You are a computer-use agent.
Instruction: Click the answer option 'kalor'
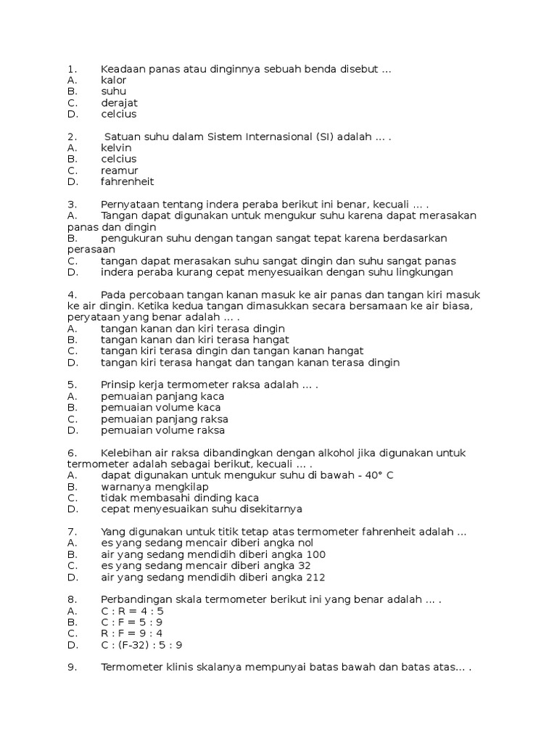pyautogui.click(x=114, y=80)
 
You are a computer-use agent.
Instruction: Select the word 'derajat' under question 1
pyautogui.click(x=119, y=102)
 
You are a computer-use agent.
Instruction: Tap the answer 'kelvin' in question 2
pyautogui.click(x=116, y=147)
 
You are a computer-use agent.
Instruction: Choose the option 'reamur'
pyautogui.click(x=119, y=171)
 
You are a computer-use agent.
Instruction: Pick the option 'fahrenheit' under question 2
pyautogui.click(x=127, y=181)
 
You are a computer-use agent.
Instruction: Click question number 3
pyautogui.click(x=72, y=204)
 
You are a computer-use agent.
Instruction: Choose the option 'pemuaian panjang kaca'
pyautogui.click(x=162, y=396)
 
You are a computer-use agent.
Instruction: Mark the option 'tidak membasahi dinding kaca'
pyautogui.click(x=180, y=498)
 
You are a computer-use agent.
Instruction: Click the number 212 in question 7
pyautogui.click(x=315, y=578)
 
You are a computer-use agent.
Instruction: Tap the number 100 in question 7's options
pyautogui.click(x=315, y=554)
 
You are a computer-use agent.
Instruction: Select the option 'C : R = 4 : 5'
pyautogui.click(x=132, y=611)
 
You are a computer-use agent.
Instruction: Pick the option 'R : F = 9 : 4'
pyautogui.click(x=132, y=633)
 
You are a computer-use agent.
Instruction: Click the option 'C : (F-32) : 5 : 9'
pyautogui.click(x=141, y=645)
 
